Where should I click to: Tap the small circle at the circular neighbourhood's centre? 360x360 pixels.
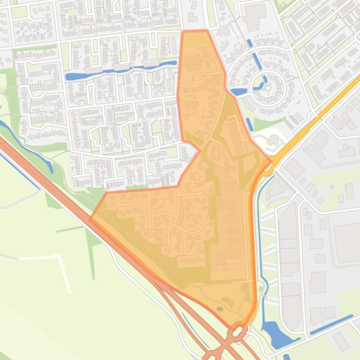[x=267, y=87]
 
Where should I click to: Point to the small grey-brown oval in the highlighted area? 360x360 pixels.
[x=220, y=309]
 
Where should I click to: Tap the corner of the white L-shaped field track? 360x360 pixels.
[x=60, y=256]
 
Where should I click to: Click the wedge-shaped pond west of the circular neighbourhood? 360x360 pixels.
[x=238, y=92]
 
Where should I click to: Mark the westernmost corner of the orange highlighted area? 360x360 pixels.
[x=90, y=218]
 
